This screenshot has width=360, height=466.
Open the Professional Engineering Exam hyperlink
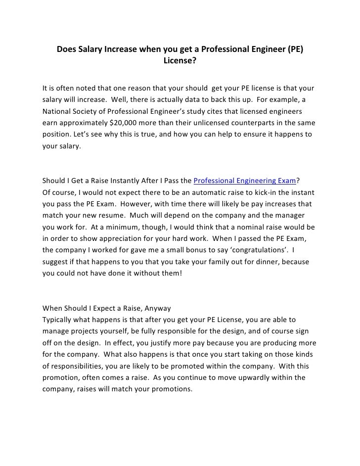(x=243, y=180)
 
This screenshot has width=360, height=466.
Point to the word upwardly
(x=242, y=377)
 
